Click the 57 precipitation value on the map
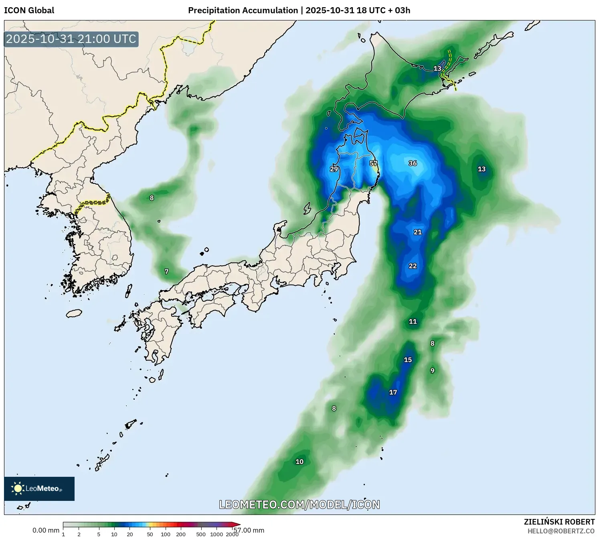pyautogui.click(x=373, y=163)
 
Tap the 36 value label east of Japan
pyautogui.click(x=413, y=163)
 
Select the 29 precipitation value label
pyautogui.click(x=334, y=169)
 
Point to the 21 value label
pyautogui.click(x=418, y=232)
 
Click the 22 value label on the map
pyautogui.click(x=413, y=266)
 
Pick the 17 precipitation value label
pyautogui.click(x=393, y=393)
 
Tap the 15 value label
pyautogui.click(x=408, y=360)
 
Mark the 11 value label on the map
pyautogui.click(x=413, y=321)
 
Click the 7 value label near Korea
pyautogui.click(x=167, y=272)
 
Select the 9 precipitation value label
pyautogui.click(x=432, y=370)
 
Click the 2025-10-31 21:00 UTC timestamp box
pyautogui.click(x=71, y=39)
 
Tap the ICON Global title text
pyautogui.click(x=29, y=10)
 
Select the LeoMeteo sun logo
pyautogui.click(x=18, y=488)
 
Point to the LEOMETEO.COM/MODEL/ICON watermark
pyautogui.click(x=299, y=504)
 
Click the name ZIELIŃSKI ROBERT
pyautogui.click(x=559, y=522)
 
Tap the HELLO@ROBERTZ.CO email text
pyautogui.click(x=561, y=531)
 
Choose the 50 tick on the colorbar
pyautogui.click(x=150, y=534)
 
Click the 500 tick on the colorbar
pyautogui.click(x=201, y=534)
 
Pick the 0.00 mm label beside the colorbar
pyautogui.click(x=46, y=531)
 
